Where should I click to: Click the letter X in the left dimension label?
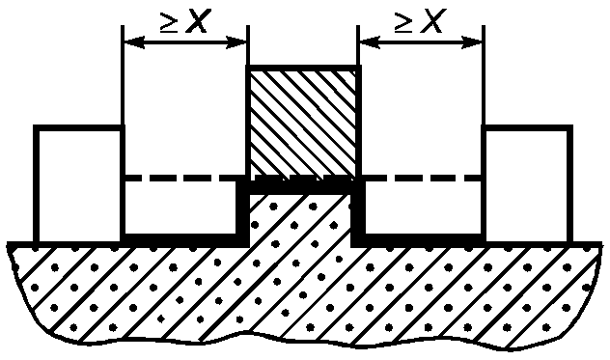pyautogui.click(x=198, y=21)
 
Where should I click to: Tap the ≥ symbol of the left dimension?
pyautogui.click(x=169, y=22)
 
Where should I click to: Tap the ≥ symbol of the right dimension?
pyautogui.click(x=403, y=22)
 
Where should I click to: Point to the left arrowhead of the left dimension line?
pyautogui.click(x=134, y=42)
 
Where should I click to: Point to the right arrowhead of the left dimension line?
pyautogui.click(x=236, y=42)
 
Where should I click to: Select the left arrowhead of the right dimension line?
pyautogui.click(x=370, y=42)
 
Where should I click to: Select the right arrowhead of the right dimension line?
pyautogui.click(x=472, y=42)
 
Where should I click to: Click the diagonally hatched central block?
pyautogui.click(x=303, y=124)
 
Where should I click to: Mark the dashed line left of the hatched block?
pyautogui.click(x=184, y=178)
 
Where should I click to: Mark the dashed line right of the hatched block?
pyautogui.click(x=422, y=178)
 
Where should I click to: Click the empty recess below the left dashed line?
pyautogui.click(x=180, y=208)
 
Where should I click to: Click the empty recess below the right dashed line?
pyautogui.click(x=424, y=208)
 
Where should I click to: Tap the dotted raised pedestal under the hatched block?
pyautogui.click(x=300, y=220)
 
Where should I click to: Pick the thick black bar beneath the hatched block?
pyautogui.click(x=300, y=187)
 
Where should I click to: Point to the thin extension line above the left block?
pyautogui.click(x=123, y=75)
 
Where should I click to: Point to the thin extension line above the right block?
pyautogui.click(x=484, y=75)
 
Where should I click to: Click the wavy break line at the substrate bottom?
pyautogui.click(x=303, y=340)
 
